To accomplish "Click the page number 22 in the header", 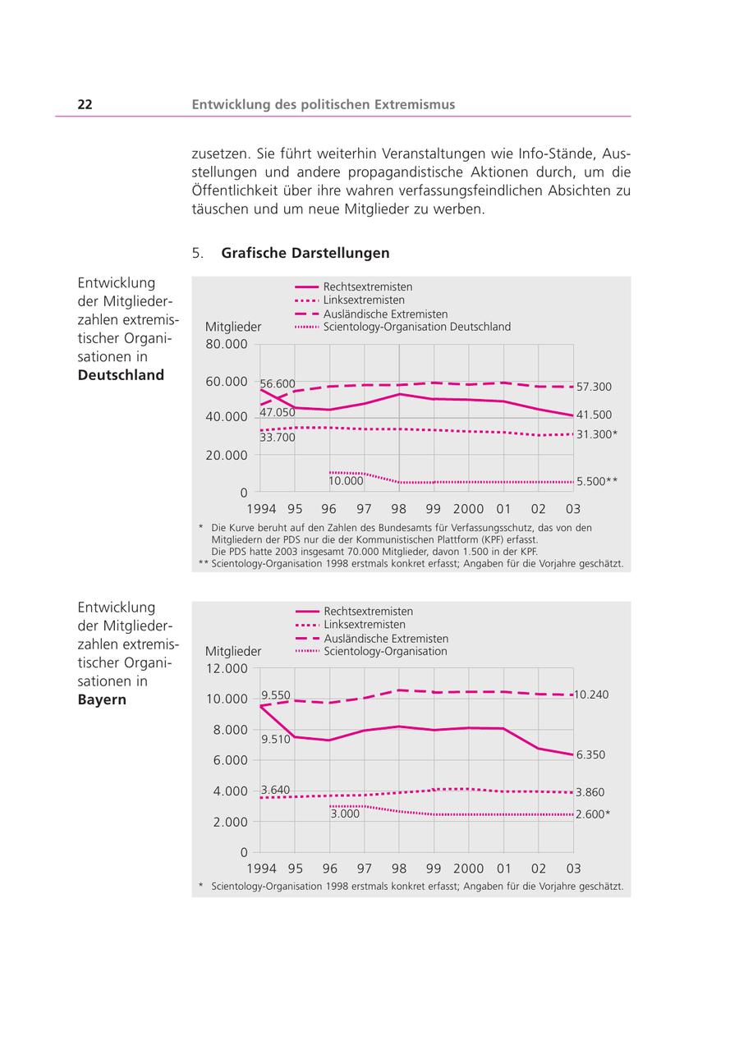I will [85, 104].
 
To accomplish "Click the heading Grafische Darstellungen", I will [305, 253].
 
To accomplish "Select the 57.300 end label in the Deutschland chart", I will [594, 387].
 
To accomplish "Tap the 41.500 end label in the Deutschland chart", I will [594, 415].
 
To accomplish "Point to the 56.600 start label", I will [278, 384].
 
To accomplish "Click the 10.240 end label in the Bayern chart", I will [591, 694].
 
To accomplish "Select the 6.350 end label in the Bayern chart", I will [590, 755].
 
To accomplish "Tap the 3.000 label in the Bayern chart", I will [345, 814].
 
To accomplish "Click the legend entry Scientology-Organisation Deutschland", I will [416, 327].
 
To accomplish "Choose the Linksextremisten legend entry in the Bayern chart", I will [364, 625].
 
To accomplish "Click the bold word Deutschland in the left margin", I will [121, 375].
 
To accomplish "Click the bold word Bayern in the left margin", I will [102, 700].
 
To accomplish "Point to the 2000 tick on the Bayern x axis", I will [469, 869].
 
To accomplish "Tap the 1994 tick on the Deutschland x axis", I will [262, 509].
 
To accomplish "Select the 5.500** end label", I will [596, 482].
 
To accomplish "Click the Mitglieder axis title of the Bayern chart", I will [233, 651].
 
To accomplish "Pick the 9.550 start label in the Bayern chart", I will [276, 695].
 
